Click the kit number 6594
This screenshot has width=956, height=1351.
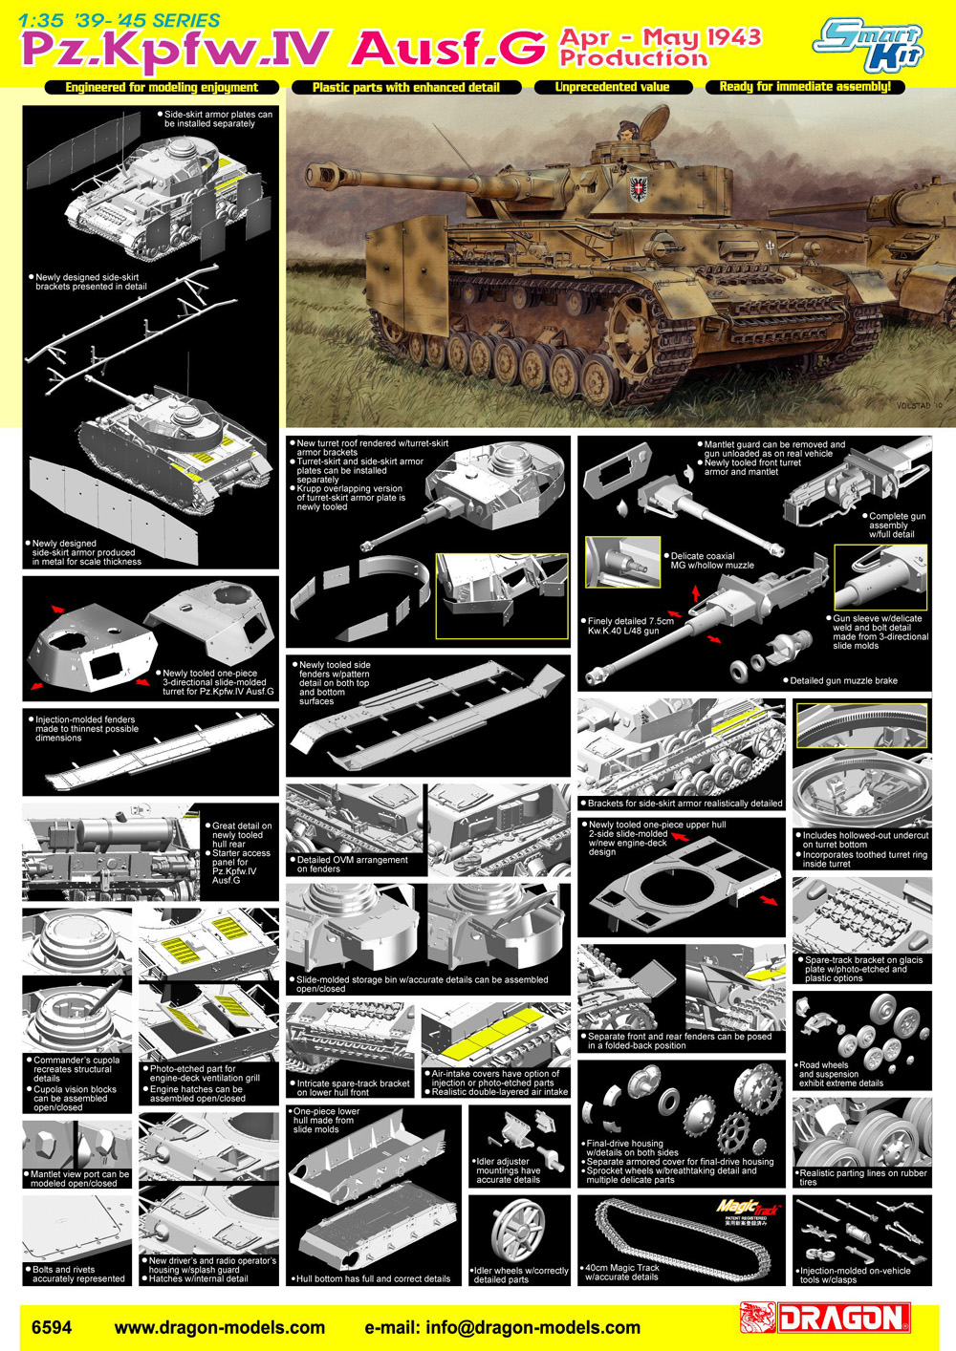(52, 1327)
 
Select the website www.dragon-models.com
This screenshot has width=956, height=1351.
(219, 1327)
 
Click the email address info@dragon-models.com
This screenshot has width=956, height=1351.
(502, 1327)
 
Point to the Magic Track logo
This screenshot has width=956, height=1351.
(749, 1207)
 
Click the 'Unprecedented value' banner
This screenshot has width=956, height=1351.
(613, 87)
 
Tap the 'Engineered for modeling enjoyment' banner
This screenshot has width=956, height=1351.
(162, 88)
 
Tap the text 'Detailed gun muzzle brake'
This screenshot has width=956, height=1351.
(844, 680)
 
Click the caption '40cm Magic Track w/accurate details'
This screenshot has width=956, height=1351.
(621, 1272)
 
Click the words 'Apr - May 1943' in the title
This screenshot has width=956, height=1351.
(661, 37)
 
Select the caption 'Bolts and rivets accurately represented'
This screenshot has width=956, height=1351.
(78, 1274)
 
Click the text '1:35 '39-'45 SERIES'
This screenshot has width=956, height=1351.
(119, 20)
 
